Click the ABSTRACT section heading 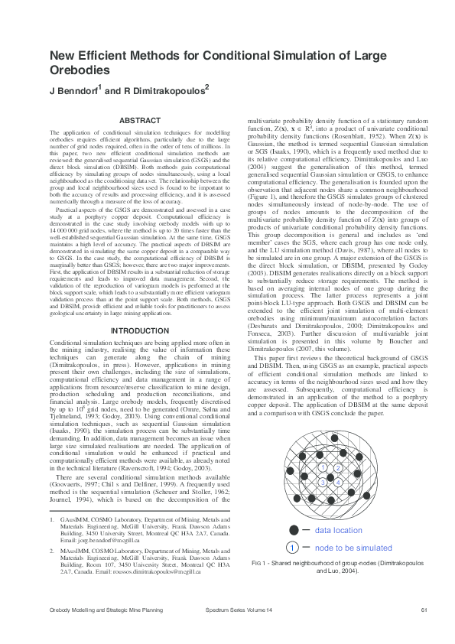tap(141, 121)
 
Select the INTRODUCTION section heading tap(140, 331)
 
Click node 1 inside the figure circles tap(322, 467)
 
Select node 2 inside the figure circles tap(338, 468)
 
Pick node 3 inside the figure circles tap(323, 483)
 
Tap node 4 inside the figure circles tap(338, 483)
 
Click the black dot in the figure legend tap(294, 530)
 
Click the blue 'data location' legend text tap(339, 530)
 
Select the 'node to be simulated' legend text tap(353, 548)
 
